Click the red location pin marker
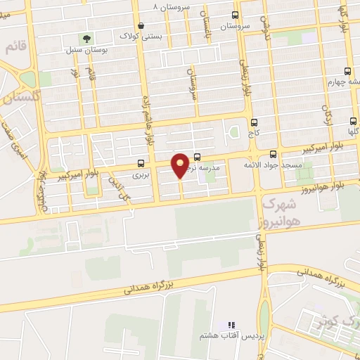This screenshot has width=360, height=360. [x=181, y=165]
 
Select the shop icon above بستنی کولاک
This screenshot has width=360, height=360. [x=141, y=25]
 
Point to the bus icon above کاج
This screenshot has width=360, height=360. [x=254, y=122]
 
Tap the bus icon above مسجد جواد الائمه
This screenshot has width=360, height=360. [x=274, y=154]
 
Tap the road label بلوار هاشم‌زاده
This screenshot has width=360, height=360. [x=148, y=122]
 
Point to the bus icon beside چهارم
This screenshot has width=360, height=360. [x=347, y=71]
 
